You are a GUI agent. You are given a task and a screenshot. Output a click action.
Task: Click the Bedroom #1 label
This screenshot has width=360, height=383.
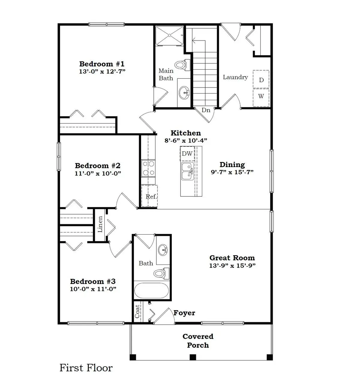coord(102,64)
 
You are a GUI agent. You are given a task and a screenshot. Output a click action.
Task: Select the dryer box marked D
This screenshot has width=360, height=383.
coord(261,80)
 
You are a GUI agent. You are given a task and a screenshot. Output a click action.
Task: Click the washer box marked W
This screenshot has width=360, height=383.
coord(261,97)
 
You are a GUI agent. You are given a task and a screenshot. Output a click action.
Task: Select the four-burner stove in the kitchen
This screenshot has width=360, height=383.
coord(148,168)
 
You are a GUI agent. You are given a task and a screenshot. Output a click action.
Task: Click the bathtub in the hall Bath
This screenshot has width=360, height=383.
coord(151,290)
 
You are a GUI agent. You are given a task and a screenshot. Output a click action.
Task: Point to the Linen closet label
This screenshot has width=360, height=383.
coord(100,224)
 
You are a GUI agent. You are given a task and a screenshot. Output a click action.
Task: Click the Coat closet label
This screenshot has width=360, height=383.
coord(137,312)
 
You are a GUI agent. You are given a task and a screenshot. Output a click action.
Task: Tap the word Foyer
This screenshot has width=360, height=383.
coord(184,313)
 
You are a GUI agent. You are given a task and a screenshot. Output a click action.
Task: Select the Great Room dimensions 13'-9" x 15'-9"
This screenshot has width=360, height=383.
coord(232,265)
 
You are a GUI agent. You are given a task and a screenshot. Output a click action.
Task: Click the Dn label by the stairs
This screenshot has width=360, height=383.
coord(206,110)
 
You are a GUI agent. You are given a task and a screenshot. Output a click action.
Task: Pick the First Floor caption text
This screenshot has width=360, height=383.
coord(86,368)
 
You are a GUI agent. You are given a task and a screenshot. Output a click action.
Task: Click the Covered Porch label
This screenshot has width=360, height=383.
coord(198,341)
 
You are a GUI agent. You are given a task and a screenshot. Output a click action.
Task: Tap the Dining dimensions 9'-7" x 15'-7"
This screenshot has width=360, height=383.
coord(232,172)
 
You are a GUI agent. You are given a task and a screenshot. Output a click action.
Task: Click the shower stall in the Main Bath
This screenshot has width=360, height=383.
coord(169,35)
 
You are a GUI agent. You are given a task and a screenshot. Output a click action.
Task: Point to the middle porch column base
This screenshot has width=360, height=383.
coord(193,357)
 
